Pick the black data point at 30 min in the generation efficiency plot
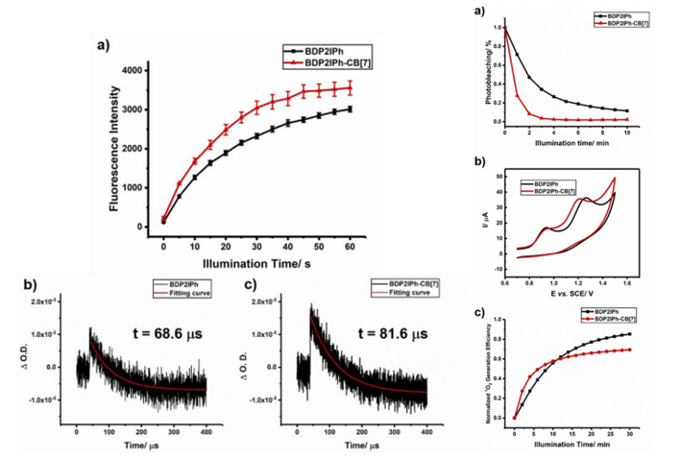coord(629,334)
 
